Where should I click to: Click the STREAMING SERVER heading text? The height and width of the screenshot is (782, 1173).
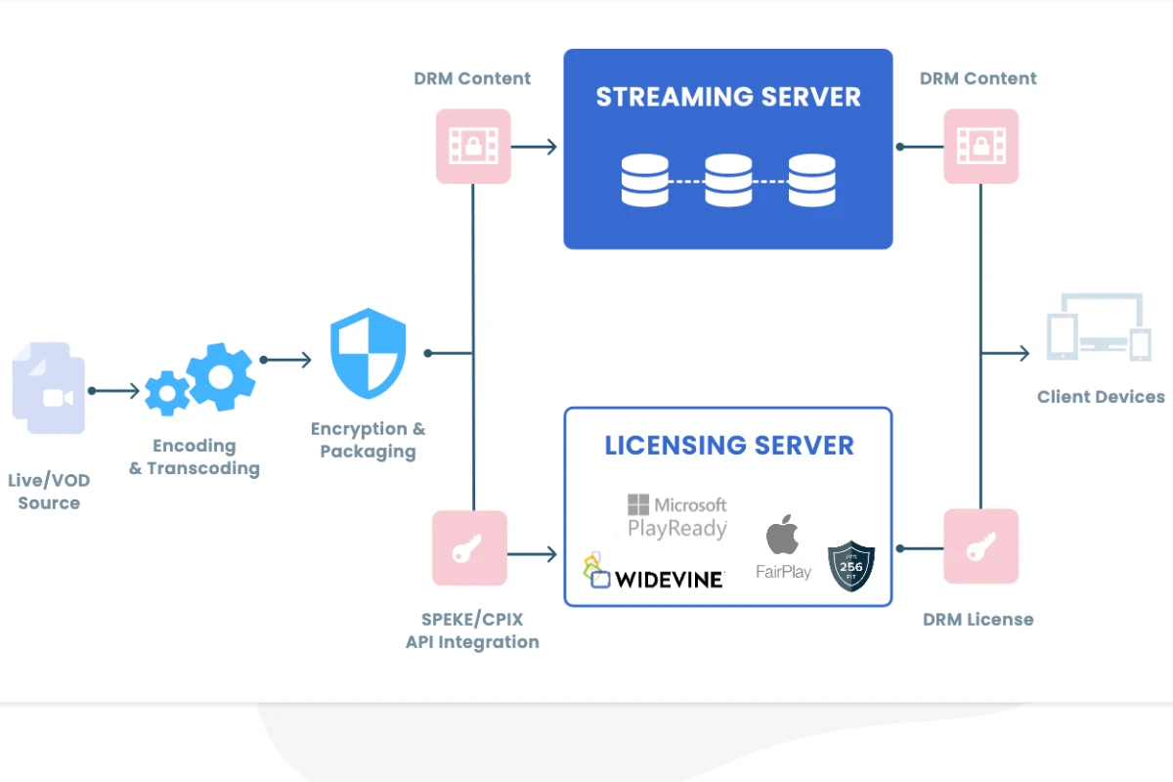click(728, 97)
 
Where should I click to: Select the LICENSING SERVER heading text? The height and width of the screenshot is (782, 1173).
click(729, 446)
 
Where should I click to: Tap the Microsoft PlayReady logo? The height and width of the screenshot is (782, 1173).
click(677, 517)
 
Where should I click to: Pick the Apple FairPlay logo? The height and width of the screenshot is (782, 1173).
click(783, 547)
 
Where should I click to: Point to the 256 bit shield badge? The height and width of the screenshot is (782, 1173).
click(850, 567)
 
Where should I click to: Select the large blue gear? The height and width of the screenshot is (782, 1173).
click(221, 376)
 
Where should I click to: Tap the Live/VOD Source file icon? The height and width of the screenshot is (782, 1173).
click(49, 387)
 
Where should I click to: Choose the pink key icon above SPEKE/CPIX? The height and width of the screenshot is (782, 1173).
click(470, 548)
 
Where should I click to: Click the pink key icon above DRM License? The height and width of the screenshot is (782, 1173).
click(980, 547)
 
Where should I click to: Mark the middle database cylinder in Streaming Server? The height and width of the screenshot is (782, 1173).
click(728, 180)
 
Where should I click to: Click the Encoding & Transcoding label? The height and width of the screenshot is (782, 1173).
click(195, 456)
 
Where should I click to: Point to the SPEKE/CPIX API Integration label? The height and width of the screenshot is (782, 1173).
click(472, 630)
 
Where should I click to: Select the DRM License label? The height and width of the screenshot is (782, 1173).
click(977, 619)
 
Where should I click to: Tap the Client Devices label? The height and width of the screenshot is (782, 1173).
click(1101, 397)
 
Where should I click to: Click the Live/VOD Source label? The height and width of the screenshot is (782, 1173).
click(49, 492)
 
